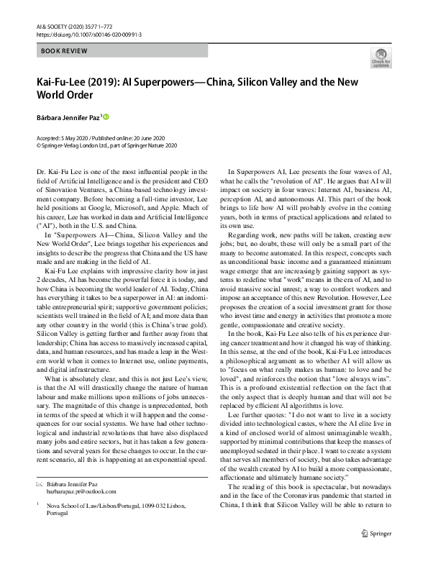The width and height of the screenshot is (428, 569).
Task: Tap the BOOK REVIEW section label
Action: (x=65, y=51)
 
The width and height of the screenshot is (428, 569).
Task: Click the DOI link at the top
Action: (x=86, y=33)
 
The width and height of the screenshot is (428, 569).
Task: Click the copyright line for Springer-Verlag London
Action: (x=111, y=145)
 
